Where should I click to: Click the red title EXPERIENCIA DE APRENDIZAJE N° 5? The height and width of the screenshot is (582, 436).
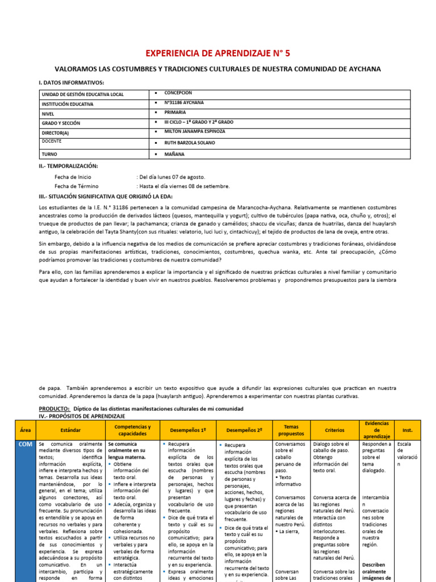pyautogui.click(x=218, y=53)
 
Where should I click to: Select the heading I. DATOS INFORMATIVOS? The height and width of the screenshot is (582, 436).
pyautogui.click(x=72, y=82)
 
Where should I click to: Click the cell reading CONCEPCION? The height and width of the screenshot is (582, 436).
pyautogui.click(x=178, y=93)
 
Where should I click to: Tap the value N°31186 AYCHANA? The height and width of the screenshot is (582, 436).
pyautogui.click(x=184, y=103)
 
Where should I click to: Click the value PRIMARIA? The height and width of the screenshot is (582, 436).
pyautogui.click(x=175, y=113)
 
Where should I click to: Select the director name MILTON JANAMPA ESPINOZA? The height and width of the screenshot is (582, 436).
pyautogui.click(x=194, y=131)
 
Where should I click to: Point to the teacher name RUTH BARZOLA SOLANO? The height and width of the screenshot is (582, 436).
pyautogui.click(x=190, y=143)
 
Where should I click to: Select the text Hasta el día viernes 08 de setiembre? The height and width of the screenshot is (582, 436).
pyautogui.click(x=185, y=186)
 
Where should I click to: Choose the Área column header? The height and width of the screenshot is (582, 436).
pyautogui.click(x=26, y=430)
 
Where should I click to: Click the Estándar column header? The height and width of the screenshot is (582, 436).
pyautogui.click(x=70, y=430)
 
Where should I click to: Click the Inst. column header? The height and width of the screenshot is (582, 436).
pyautogui.click(x=407, y=430)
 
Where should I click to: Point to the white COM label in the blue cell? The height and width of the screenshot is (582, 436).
pyautogui.click(x=26, y=444)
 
